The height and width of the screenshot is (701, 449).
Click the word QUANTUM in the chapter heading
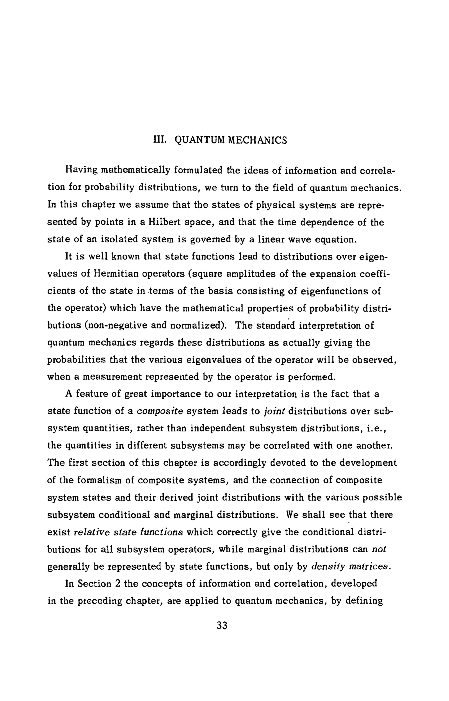(200, 140)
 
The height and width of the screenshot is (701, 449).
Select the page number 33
(222, 626)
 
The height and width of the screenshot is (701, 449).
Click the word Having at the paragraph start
(81, 170)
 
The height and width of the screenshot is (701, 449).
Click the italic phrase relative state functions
(128, 532)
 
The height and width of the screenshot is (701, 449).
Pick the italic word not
(379, 549)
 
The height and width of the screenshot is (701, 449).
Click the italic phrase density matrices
(351, 567)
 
